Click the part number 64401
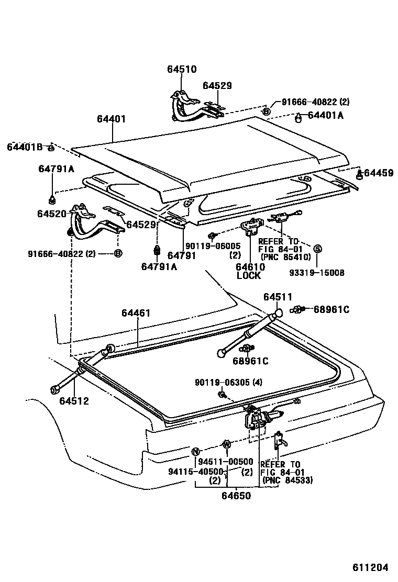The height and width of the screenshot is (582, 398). coord(111,119)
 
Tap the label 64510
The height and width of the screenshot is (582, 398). coord(182,69)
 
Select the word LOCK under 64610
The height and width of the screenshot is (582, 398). coord(248,276)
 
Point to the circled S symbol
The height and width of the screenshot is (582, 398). coord(317,248)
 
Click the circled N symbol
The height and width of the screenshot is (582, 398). coord(195,452)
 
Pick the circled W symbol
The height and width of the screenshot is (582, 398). coord(226,444)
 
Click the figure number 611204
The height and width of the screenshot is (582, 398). coord(370,567)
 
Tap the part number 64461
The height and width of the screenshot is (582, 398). coord(136,313)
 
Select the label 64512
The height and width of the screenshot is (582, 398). coord(74,401)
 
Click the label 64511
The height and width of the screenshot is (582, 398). coord(278,297)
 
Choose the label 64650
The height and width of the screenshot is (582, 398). coord(237,495)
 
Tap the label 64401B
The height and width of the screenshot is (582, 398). coord(25,147)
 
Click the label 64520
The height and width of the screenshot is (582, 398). coord(51,214)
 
